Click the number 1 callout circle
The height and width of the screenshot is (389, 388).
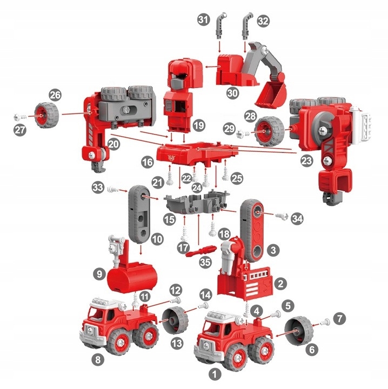pos(215,372)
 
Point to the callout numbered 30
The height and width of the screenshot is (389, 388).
pos(232,92)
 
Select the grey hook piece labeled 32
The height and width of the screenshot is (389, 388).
pos(245,25)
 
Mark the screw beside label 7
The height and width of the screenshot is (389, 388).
pos(325,322)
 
